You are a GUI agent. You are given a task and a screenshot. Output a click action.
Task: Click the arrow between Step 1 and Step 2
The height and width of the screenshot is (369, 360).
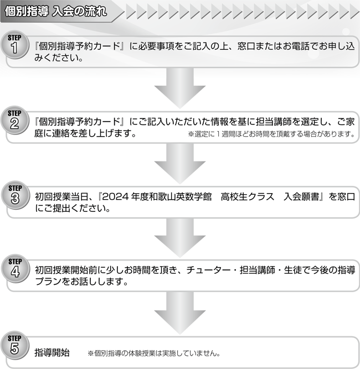tap(179, 88)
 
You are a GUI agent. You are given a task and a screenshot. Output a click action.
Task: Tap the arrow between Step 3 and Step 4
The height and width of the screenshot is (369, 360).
tap(179, 237)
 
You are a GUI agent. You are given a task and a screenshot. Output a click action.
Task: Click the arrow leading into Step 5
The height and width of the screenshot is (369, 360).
tap(179, 311)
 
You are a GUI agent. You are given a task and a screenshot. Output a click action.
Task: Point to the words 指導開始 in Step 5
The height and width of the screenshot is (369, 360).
tap(52, 352)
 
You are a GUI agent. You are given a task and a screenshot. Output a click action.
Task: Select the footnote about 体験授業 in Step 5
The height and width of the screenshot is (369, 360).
tap(155, 352)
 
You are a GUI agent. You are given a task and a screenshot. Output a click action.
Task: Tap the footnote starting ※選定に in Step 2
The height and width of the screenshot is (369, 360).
tap(271, 134)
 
